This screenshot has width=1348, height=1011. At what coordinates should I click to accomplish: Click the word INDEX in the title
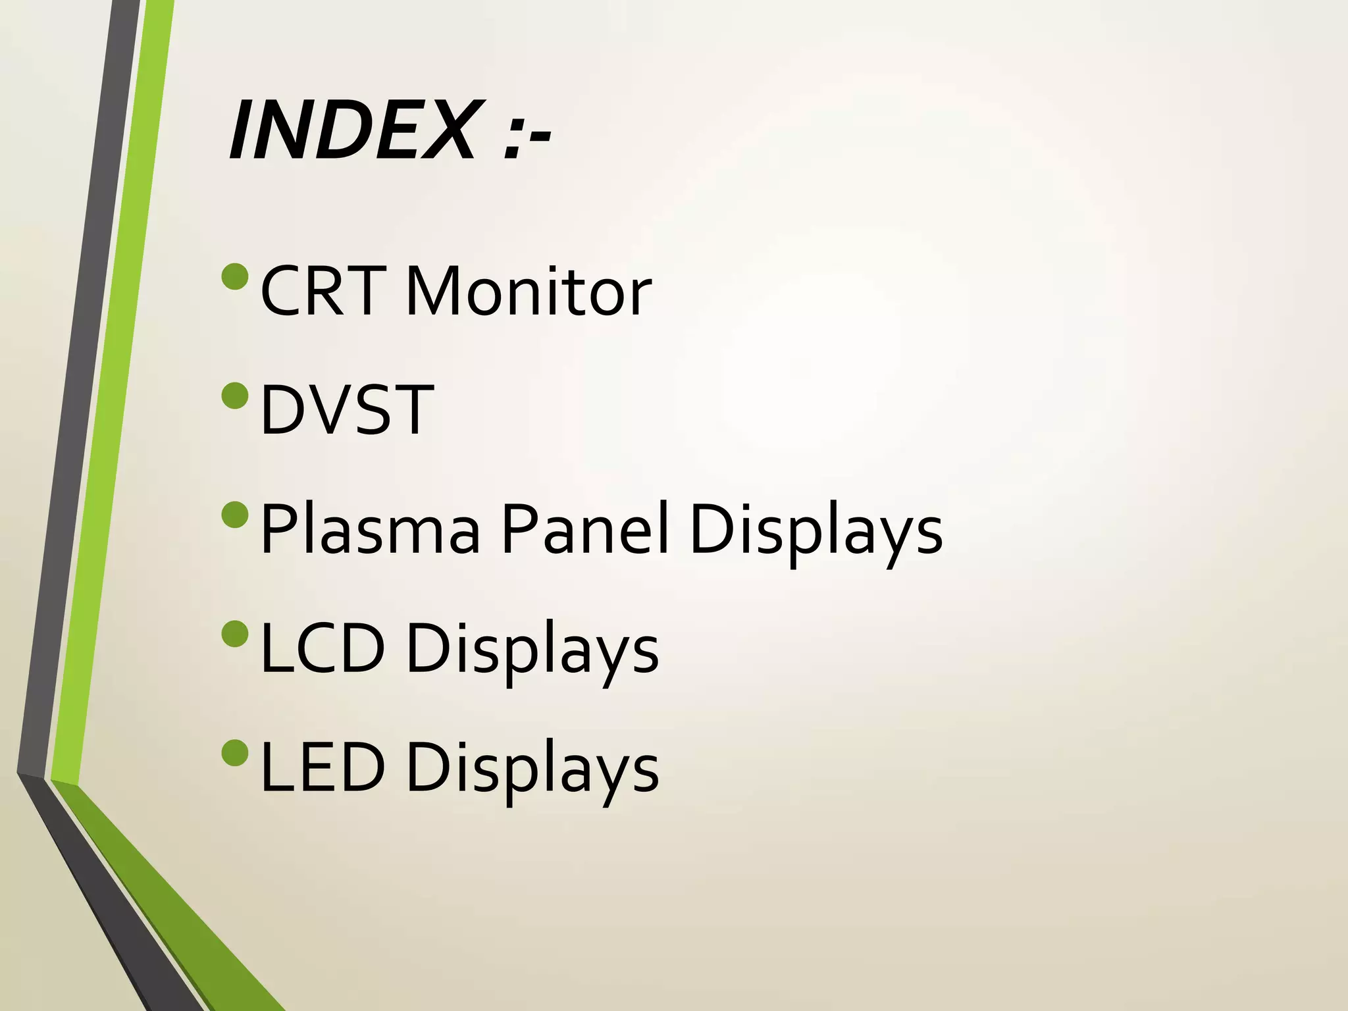coord(352,130)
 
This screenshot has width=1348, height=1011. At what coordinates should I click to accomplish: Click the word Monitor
coord(529,291)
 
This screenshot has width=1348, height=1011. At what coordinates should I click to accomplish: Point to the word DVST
coord(347,410)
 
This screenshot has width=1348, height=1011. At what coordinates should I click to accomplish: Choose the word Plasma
coord(371,529)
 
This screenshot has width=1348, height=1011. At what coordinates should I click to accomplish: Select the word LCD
coord(323,648)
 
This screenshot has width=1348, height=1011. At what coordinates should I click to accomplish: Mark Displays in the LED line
coord(532,770)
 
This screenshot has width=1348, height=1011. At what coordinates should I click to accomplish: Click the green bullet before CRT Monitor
coord(235,276)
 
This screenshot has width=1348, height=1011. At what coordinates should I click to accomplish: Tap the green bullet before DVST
coord(235,396)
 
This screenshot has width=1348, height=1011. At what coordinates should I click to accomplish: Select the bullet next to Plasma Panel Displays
coord(235,515)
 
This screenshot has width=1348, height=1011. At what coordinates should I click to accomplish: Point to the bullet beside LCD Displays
coord(235,634)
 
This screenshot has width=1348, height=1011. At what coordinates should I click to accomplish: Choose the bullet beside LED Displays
coord(235,753)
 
